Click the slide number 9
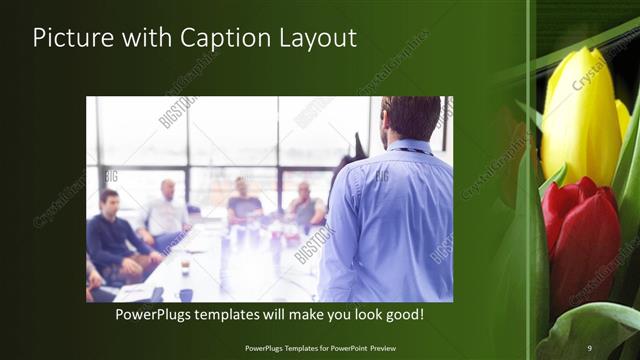click(589, 347)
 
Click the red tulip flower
click(580, 240)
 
